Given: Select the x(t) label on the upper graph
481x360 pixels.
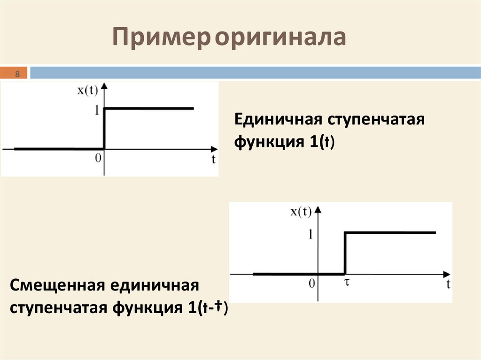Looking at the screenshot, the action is click(x=87, y=91).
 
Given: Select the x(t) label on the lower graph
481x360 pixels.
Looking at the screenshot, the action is click(x=301, y=212).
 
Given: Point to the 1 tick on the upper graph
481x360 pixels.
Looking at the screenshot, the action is click(x=96, y=111).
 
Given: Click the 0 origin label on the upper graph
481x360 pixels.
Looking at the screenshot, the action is click(x=98, y=158).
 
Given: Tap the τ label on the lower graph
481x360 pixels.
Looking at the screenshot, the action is click(x=345, y=283).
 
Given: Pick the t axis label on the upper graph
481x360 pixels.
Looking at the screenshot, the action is click(x=213, y=160).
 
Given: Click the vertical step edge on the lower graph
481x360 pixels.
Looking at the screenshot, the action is click(x=345, y=253).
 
